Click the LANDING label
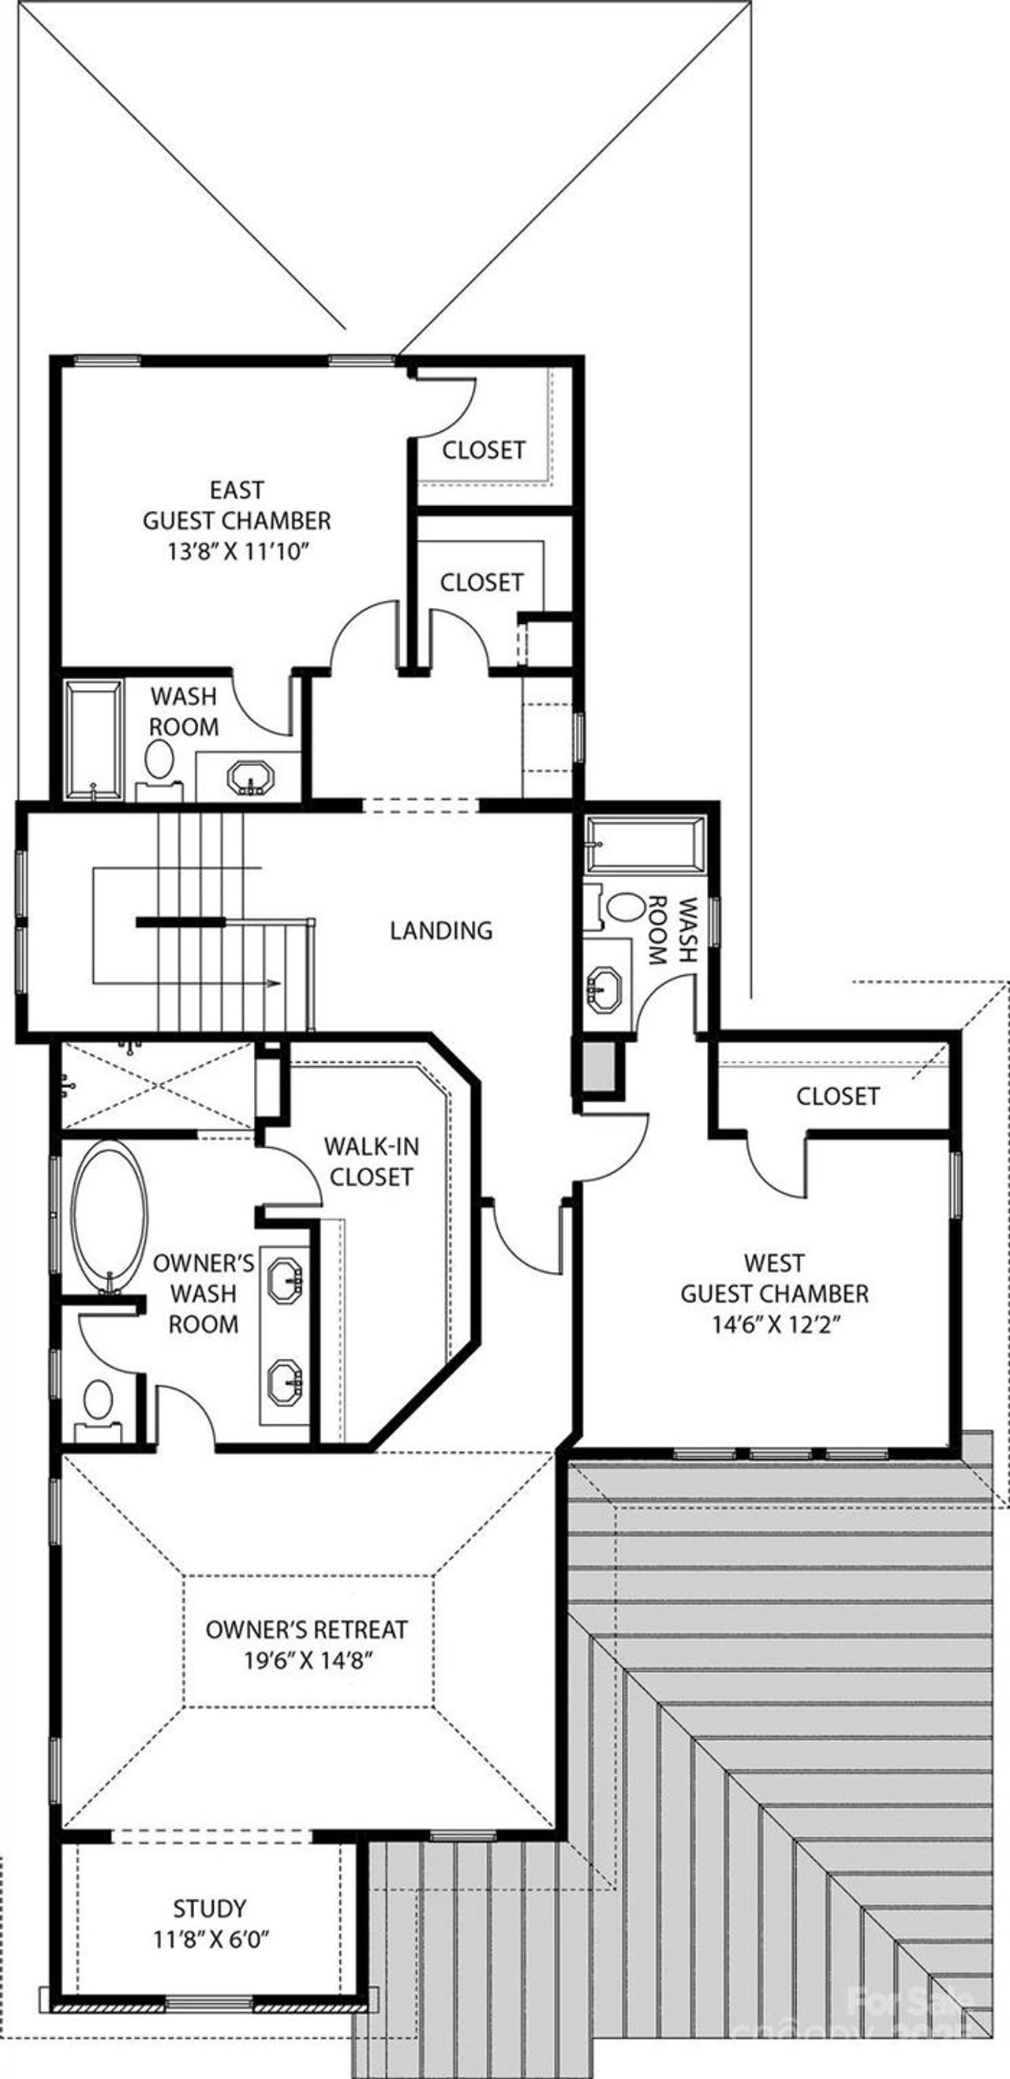[x=440, y=931]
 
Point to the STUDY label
[x=209, y=1908]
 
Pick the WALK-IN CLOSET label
[x=371, y=1161]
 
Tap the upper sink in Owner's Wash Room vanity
[x=286, y=1279]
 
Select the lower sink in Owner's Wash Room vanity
[x=286, y=1381]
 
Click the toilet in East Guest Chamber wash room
[x=159, y=760]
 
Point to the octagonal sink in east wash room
[x=250, y=778]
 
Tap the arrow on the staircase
[x=274, y=983]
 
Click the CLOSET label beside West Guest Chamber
[x=836, y=1096]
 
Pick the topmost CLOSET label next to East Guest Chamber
[x=483, y=449]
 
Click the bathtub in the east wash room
[x=94, y=740]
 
